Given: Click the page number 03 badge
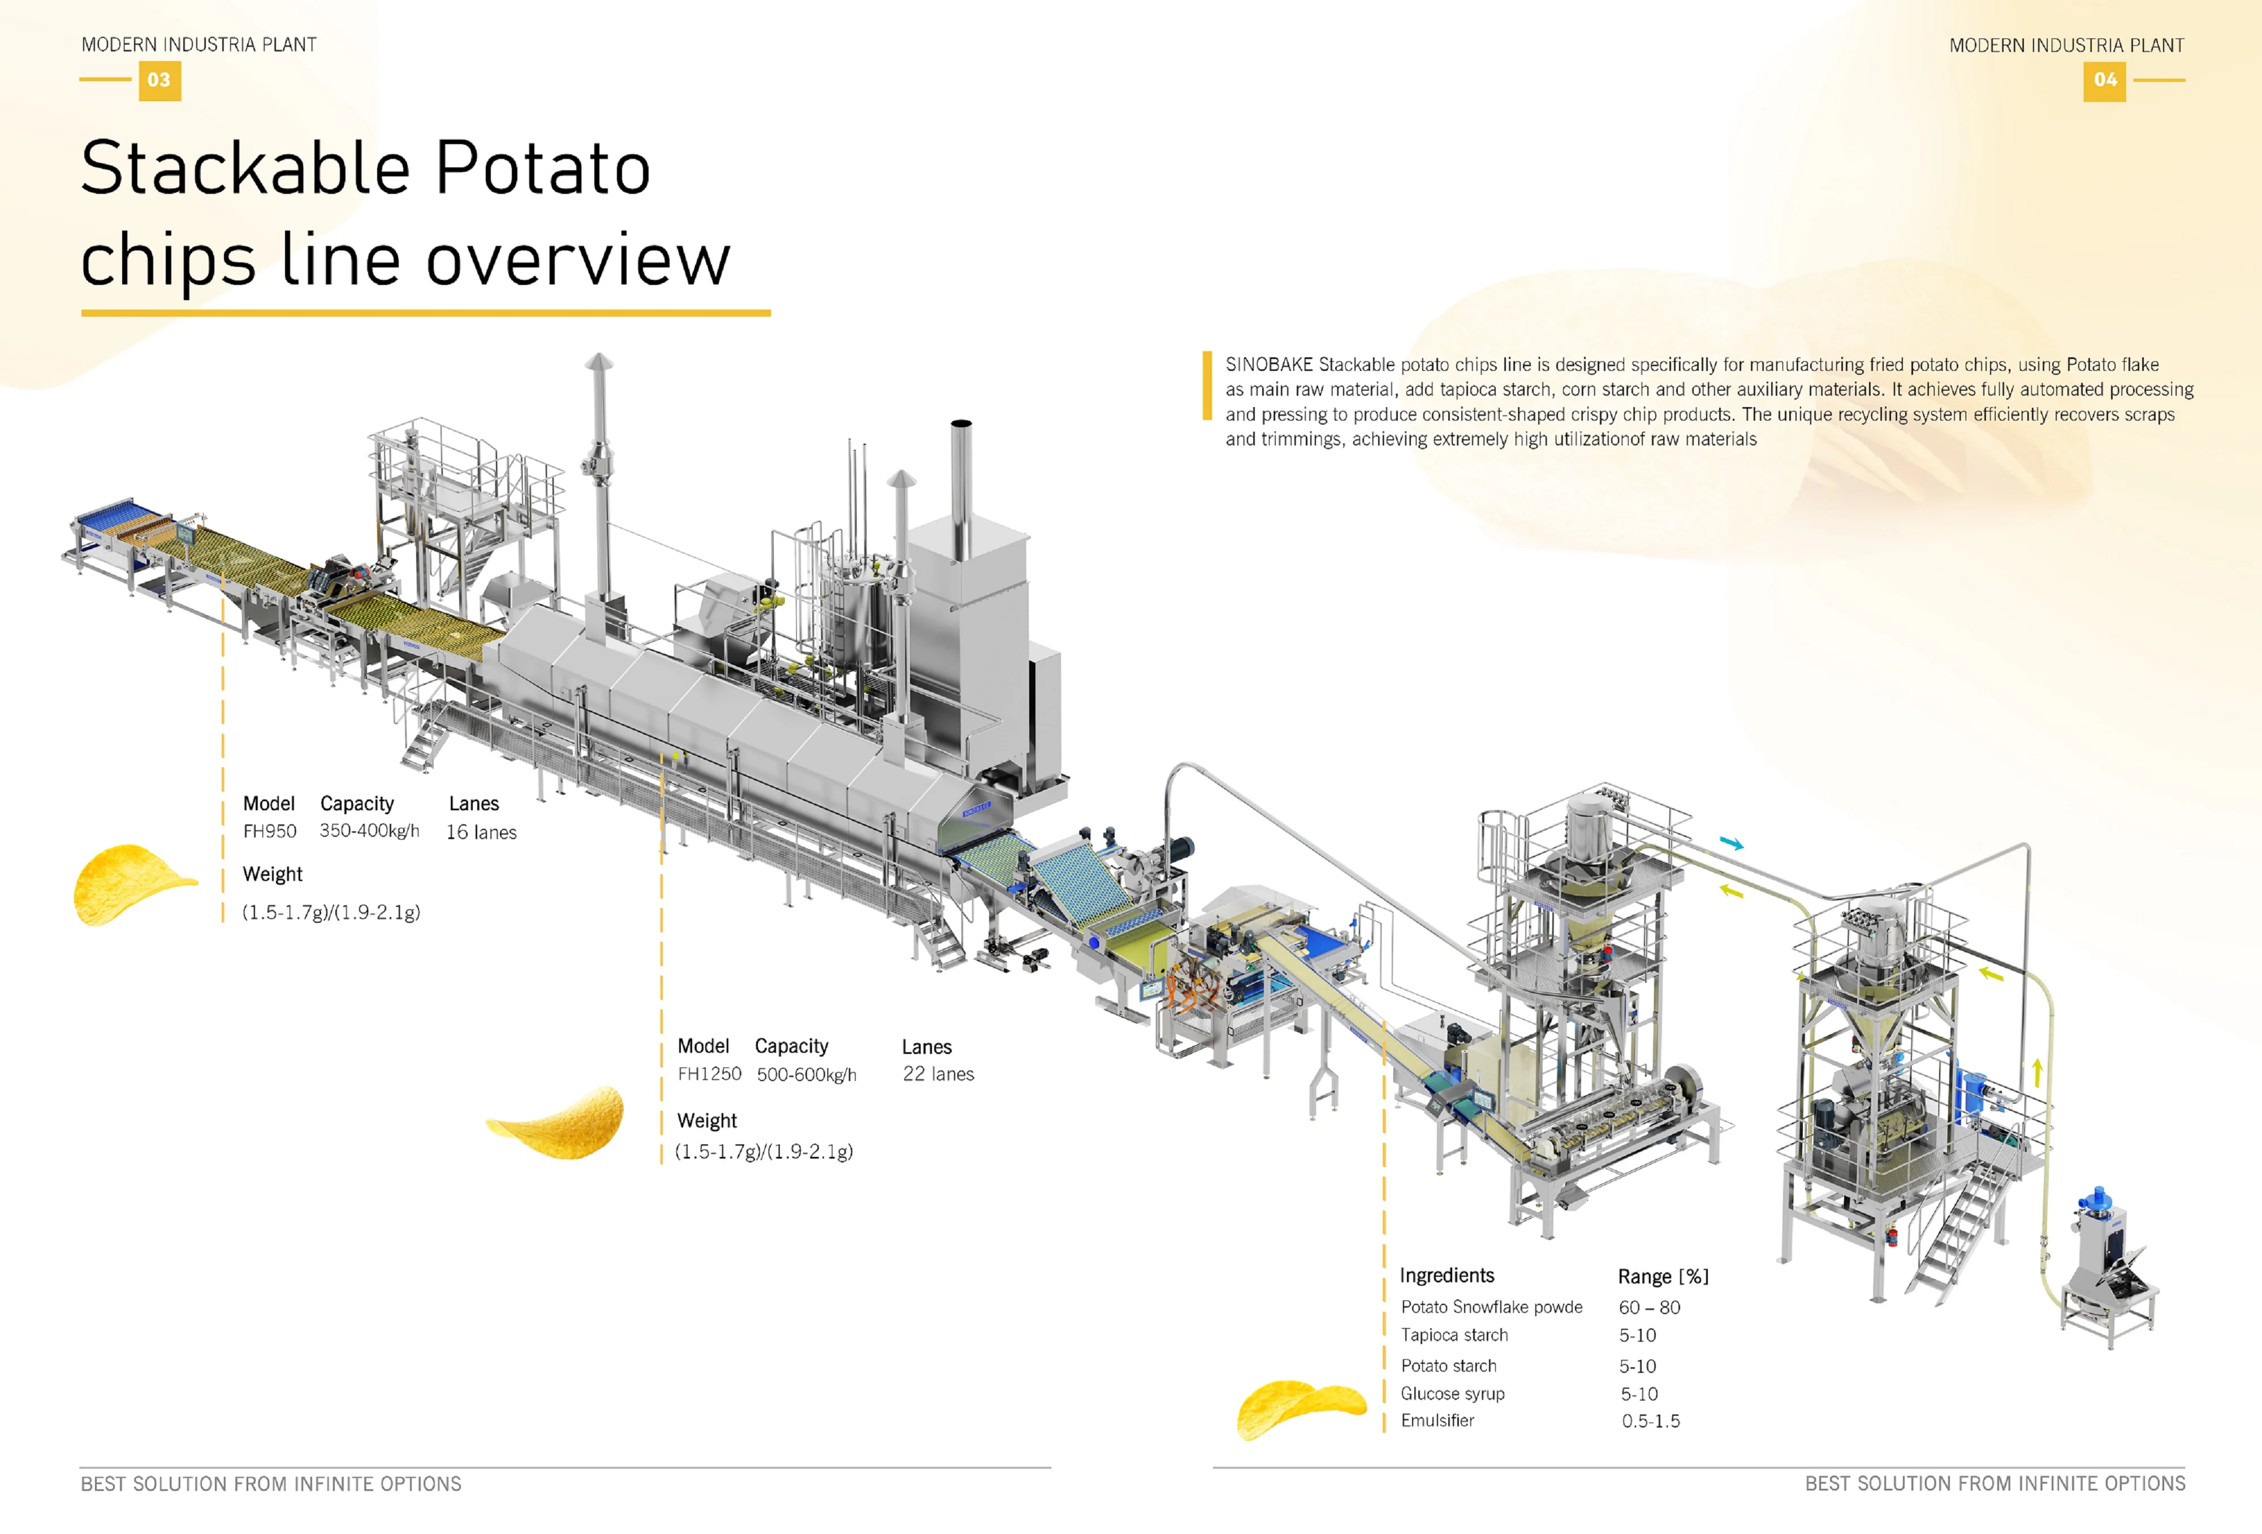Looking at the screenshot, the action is coord(159,80).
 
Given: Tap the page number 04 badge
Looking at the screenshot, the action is coord(2104,80).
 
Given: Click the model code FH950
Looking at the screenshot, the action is coord(270,831).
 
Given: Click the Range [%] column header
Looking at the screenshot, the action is coord(1663,1276).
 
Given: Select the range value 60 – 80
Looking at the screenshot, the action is coord(1649,1307).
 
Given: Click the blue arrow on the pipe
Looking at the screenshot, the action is coord(1730,843).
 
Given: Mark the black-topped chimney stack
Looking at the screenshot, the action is coord(961,487).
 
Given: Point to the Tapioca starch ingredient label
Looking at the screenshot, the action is coord(1454,1334).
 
